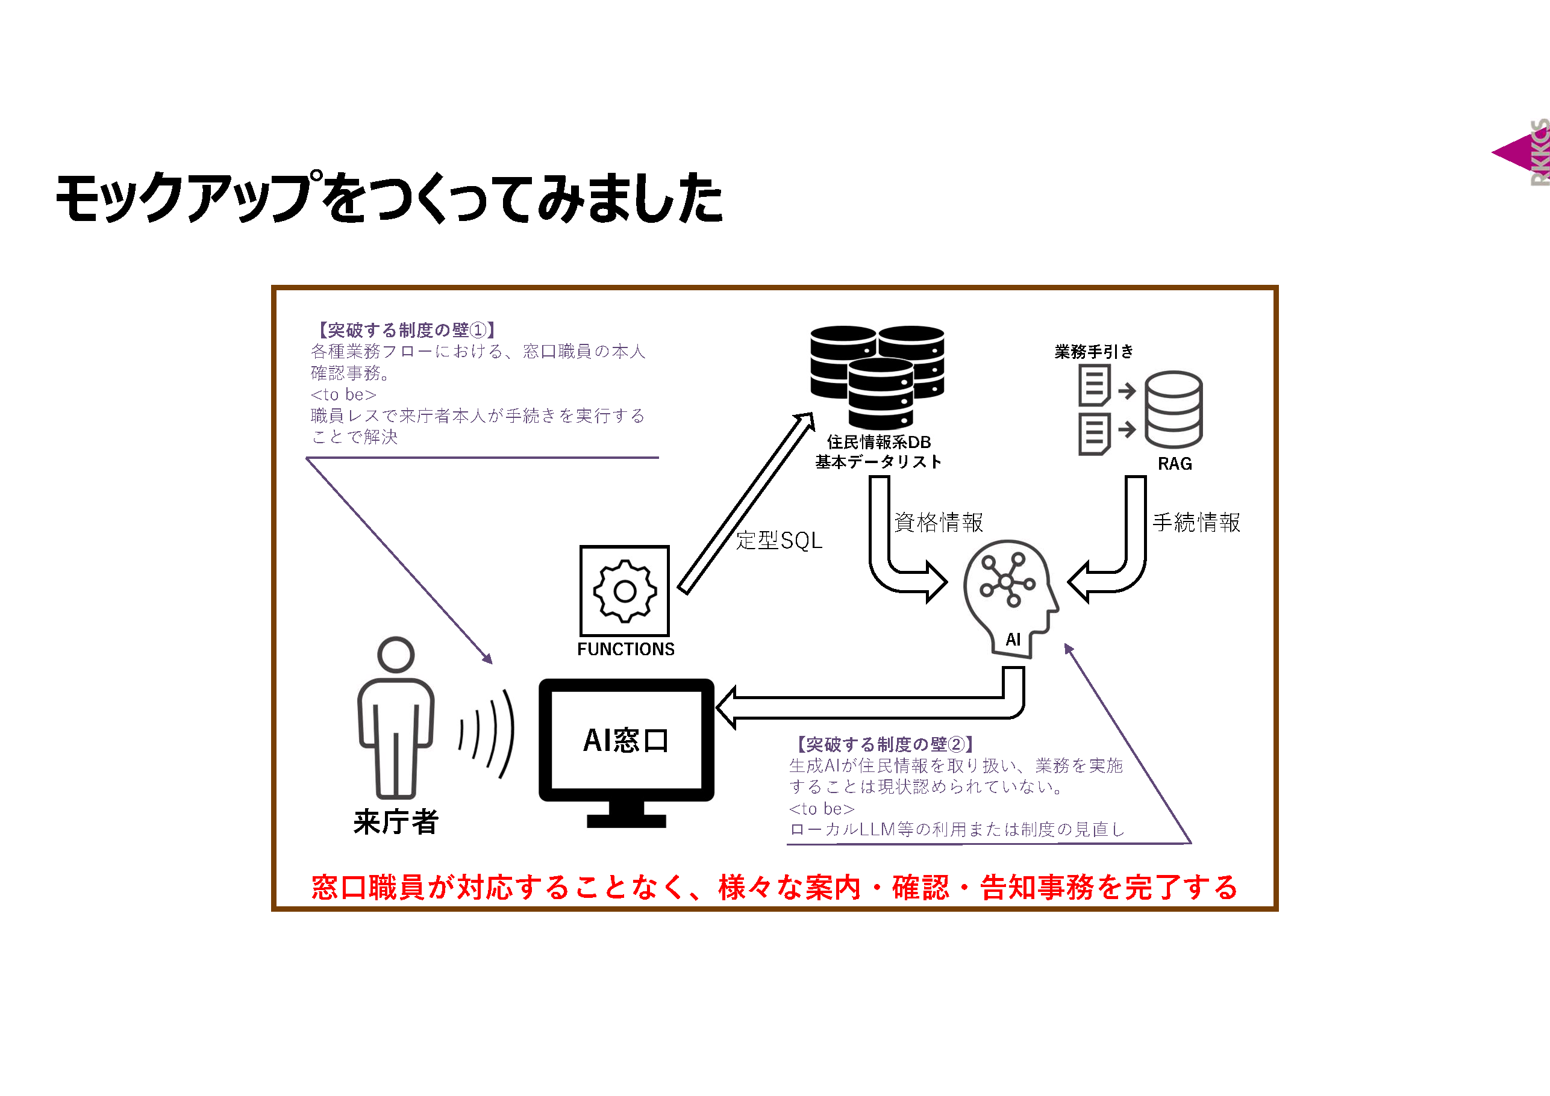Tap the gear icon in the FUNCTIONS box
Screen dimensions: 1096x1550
point(625,591)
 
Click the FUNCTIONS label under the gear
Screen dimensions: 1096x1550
point(625,649)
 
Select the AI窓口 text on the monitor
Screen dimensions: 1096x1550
point(626,740)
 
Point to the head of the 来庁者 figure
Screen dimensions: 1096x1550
point(396,654)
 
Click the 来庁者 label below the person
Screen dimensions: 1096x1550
point(396,822)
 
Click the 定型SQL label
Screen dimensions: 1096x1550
point(778,541)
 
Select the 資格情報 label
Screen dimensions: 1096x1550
point(939,522)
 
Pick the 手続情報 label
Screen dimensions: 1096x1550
point(1196,522)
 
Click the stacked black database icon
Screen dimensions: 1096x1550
point(877,375)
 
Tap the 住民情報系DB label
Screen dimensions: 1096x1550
point(878,442)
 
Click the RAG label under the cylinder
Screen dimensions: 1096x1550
point(1174,464)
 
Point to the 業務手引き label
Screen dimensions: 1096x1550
point(1093,352)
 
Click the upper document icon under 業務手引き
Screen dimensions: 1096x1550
point(1093,385)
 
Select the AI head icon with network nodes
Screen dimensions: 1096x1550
point(1008,594)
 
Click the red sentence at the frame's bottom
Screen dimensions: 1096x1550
point(773,887)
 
